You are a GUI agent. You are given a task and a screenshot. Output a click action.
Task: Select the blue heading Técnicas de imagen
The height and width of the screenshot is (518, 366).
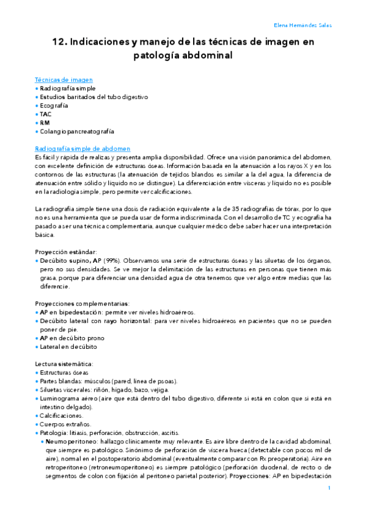(64, 79)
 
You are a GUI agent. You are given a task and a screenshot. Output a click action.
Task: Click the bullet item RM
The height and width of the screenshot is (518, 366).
(45, 122)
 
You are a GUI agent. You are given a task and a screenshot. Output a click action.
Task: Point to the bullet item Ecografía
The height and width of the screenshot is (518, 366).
(54, 105)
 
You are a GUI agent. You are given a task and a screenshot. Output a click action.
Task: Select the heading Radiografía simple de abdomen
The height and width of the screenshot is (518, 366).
(82, 148)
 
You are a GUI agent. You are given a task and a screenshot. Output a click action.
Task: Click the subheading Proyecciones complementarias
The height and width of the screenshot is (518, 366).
(82, 303)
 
